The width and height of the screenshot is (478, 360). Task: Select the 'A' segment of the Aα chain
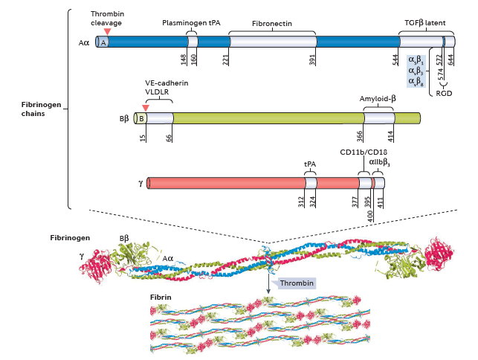[x=103, y=42]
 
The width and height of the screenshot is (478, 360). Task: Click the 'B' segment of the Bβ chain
[x=142, y=118]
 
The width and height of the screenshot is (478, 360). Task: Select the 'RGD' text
[x=444, y=94]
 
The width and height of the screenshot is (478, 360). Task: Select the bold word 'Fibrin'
[x=161, y=296]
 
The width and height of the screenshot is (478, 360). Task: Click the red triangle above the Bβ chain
[x=146, y=109]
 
